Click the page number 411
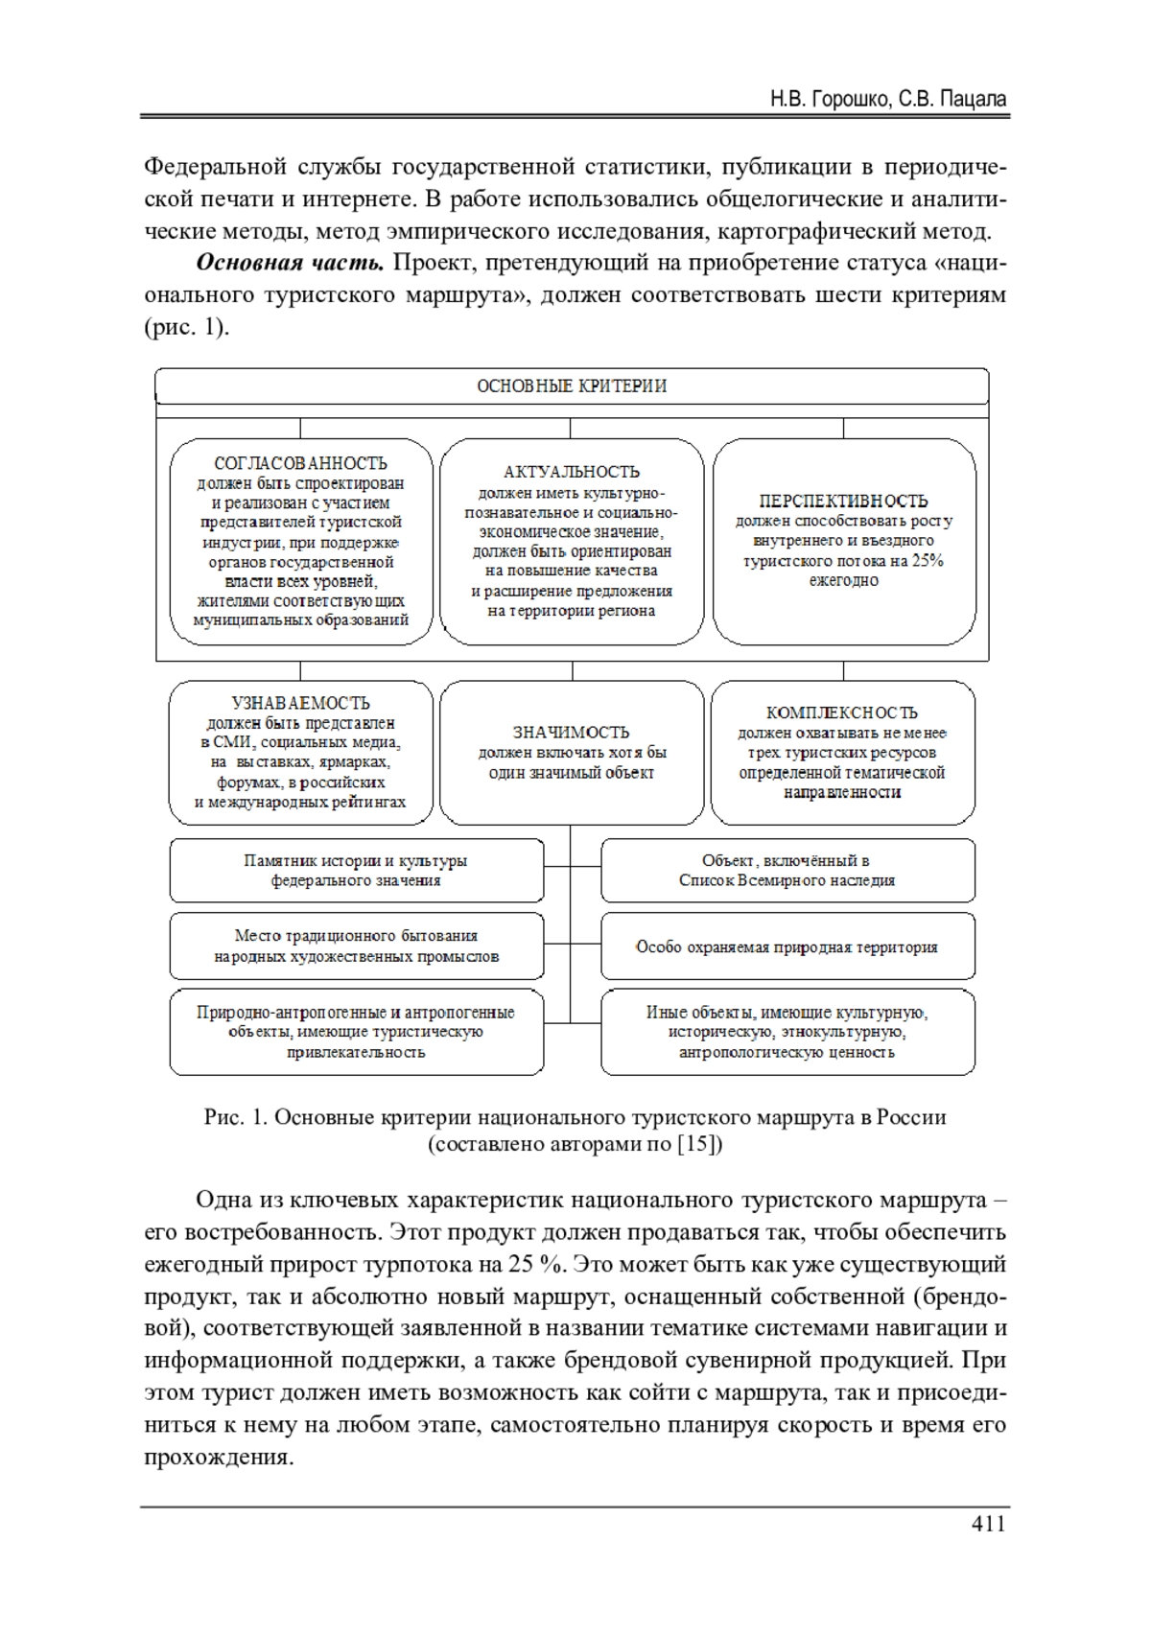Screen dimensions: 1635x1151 point(988,1524)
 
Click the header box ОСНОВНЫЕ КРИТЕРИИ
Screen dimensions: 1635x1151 point(572,386)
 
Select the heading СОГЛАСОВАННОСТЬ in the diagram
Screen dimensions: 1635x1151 point(300,463)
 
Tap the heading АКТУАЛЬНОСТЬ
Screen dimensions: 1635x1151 point(572,472)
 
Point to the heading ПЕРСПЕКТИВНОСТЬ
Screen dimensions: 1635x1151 point(843,501)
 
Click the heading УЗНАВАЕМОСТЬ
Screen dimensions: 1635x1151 point(300,703)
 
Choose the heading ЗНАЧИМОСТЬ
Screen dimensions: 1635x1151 point(572,733)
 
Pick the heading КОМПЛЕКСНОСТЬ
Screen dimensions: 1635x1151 point(842,712)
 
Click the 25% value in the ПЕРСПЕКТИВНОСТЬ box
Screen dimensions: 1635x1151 point(928,561)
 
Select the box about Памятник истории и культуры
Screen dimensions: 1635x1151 point(356,871)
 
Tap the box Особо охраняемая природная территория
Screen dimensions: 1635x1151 point(787,947)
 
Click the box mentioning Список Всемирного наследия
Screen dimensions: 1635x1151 point(787,871)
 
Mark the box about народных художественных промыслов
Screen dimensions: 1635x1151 point(356,946)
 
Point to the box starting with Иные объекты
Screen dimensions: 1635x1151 point(787,1032)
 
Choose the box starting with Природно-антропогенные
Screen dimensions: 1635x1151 point(356,1032)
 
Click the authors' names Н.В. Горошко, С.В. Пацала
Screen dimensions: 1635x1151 point(888,99)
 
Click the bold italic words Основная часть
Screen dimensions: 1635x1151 point(290,263)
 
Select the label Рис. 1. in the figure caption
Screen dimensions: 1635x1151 point(235,1118)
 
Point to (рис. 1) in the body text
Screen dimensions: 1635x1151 point(186,327)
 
